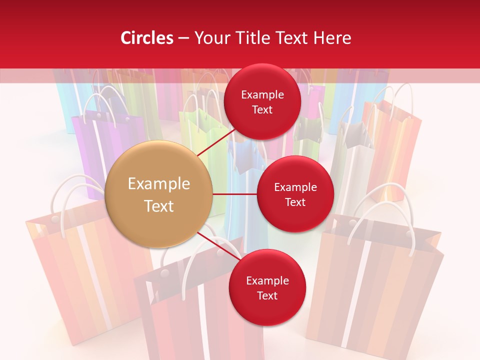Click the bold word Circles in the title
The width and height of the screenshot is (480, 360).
point(147,38)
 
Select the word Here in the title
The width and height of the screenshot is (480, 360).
point(332,38)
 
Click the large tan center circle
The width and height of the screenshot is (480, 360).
point(159,194)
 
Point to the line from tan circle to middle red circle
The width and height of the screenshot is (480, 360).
point(235,194)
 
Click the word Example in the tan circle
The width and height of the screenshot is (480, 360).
point(159,184)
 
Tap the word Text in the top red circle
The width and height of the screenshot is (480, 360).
point(262,110)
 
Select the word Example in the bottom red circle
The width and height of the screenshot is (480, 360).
point(267,281)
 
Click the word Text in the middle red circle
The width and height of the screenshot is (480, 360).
point(295,202)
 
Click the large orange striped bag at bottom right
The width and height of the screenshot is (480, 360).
point(375,290)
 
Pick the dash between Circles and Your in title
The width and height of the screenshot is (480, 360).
point(183,38)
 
